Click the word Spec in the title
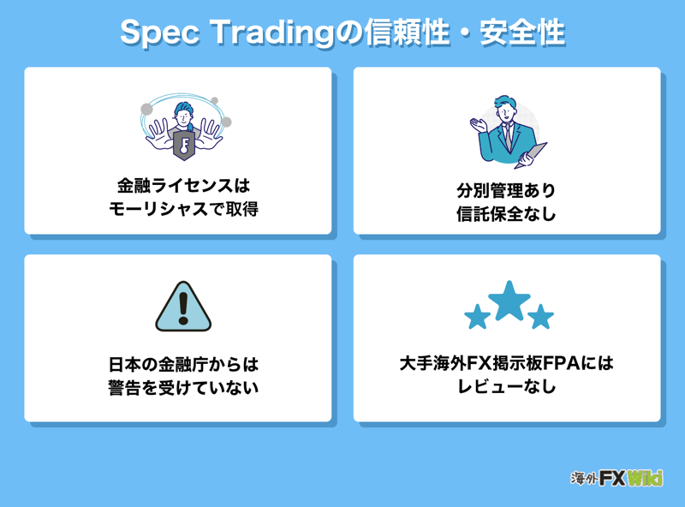tap(160, 33)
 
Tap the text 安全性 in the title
tap(522, 33)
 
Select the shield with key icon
tap(184, 145)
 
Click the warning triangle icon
tap(183, 307)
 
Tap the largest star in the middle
tap(509, 301)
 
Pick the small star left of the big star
tap(477, 317)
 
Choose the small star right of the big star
tap(541, 317)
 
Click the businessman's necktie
tap(507, 135)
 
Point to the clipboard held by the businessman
tap(531, 155)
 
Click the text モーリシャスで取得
tap(183, 209)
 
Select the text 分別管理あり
tap(506, 191)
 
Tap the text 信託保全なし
tap(506, 214)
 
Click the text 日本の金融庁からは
tap(183, 364)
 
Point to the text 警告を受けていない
tap(183, 387)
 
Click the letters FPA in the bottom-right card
tap(563, 363)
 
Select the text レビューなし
tap(506, 386)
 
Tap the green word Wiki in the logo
tap(645, 478)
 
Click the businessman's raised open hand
tap(479, 124)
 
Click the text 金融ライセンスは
tap(183, 186)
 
